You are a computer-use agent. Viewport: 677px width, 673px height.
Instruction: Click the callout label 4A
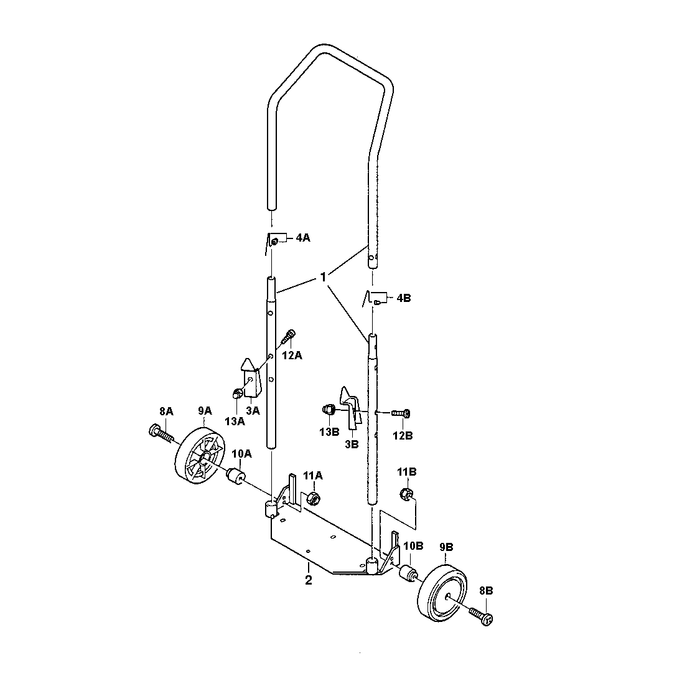302,238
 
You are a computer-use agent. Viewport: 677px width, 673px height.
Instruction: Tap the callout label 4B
404,298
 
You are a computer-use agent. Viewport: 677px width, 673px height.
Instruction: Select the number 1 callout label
323,277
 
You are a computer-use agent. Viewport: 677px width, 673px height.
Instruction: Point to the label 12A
292,355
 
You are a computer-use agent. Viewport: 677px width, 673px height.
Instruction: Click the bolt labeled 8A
161,434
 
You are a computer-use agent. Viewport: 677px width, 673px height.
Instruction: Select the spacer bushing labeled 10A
236,476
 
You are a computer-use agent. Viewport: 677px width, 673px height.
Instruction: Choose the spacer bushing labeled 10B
408,573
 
